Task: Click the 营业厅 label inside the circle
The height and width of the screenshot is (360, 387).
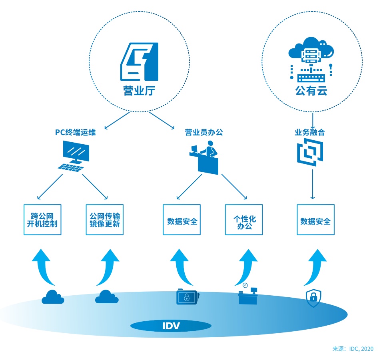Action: coord(139,91)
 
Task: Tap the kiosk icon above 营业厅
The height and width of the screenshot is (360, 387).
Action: coord(140,62)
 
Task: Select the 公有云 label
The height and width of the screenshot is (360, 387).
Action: coord(311,91)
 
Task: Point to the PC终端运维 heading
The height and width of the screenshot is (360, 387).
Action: coord(76,132)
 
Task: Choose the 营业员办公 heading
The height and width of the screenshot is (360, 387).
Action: coord(204,132)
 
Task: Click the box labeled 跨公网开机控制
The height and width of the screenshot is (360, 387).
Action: coord(42,220)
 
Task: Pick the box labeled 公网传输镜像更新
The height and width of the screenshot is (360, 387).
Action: coord(105,220)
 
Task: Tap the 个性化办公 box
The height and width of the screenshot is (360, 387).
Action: coord(244,220)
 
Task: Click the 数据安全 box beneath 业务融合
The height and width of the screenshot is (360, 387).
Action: coord(315,220)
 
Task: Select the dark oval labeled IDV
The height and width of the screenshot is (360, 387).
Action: coord(171,326)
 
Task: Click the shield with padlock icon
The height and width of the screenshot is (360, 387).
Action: coord(313,298)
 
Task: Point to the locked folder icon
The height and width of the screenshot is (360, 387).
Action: coord(187,297)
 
